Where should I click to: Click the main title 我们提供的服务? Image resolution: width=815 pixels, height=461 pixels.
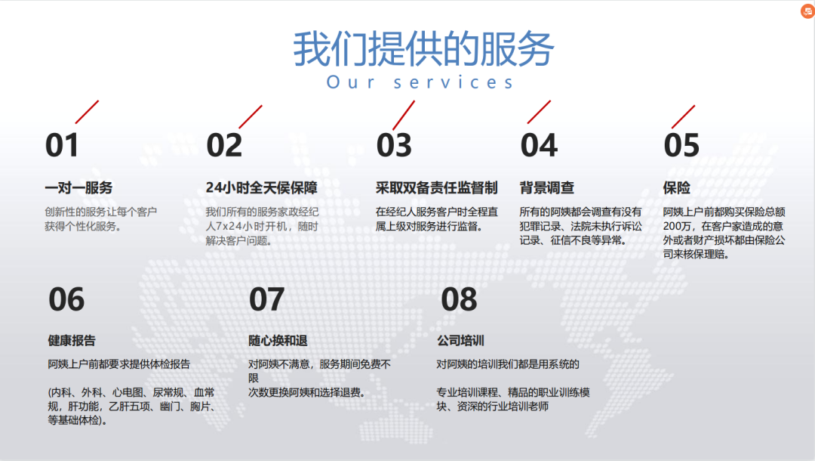pos(423,48)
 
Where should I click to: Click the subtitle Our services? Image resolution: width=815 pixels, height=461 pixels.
pos(420,82)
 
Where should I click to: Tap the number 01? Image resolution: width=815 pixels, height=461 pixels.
pos(62,144)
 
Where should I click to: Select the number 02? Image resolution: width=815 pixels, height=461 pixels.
pos(224,144)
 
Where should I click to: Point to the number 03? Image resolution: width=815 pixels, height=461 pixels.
pos(394,144)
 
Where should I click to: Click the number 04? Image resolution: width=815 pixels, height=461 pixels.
pos(539,144)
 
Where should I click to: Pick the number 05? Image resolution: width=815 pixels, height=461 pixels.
pos(681,144)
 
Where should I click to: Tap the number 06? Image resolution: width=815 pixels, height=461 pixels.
pos(66,299)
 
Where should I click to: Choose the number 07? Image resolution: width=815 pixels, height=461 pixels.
pos(266,299)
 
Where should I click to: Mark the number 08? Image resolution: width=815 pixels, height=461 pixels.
pos(459,299)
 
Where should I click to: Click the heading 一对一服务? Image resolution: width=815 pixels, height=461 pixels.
pos(78,188)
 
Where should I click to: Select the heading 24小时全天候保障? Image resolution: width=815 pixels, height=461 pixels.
pos(261,188)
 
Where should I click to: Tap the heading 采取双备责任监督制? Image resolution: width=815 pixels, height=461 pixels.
pos(437,188)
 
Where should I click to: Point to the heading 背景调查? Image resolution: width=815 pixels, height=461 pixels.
pos(547,188)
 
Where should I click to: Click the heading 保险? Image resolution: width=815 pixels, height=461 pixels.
pos(676,188)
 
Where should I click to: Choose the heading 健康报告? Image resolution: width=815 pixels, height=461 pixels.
pos(72,341)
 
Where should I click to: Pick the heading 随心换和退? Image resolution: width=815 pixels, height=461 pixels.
pos(278,341)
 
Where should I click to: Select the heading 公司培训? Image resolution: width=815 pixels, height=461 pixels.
pos(460,341)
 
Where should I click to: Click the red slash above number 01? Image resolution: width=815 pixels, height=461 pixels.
pos(87,112)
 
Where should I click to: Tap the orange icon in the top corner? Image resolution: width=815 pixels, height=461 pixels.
pos(807,11)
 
